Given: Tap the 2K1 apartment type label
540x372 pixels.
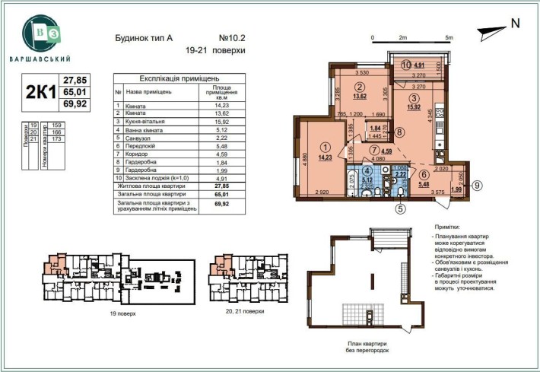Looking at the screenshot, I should pyautogui.click(x=39, y=92).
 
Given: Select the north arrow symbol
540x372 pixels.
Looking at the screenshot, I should pyautogui.click(x=492, y=28).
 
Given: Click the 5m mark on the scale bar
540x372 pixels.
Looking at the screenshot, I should pyautogui.click(x=449, y=37).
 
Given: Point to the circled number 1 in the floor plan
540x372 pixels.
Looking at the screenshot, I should pyautogui.click(x=304, y=148).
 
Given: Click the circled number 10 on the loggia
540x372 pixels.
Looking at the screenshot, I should pyautogui.click(x=407, y=65).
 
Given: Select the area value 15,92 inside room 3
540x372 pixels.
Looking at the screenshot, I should pyautogui.click(x=414, y=108).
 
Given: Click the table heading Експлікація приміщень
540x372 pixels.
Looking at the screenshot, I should pyautogui.click(x=179, y=78).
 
